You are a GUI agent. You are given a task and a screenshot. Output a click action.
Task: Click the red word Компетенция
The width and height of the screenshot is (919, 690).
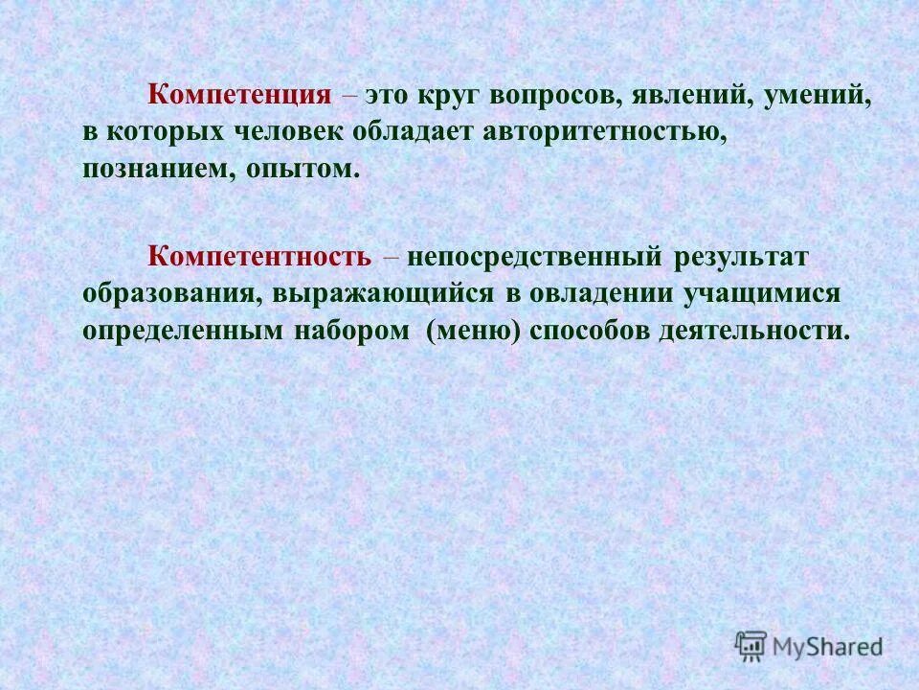click(x=239, y=96)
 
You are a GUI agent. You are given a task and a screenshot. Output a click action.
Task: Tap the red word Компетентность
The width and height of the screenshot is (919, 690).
click(x=258, y=258)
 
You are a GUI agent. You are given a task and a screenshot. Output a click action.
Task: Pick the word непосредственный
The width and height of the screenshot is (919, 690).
click(x=535, y=258)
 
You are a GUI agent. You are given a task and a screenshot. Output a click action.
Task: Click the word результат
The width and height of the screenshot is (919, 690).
click(x=741, y=258)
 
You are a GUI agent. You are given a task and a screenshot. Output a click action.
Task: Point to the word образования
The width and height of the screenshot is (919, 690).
click(x=167, y=294)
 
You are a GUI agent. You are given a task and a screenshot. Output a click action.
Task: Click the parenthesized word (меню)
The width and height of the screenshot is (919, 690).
click(x=475, y=331)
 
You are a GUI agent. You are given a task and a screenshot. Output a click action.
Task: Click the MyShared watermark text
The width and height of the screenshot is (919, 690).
click(x=829, y=647)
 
